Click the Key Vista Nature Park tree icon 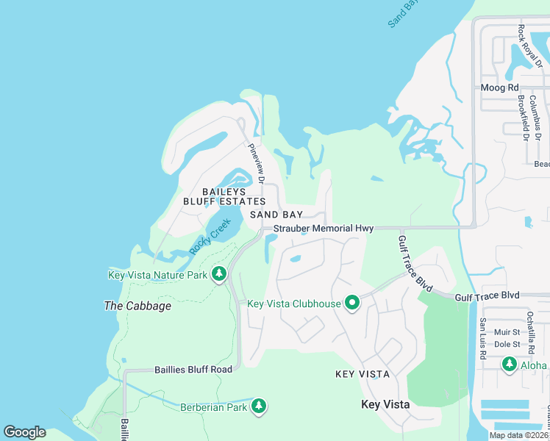point(218,274)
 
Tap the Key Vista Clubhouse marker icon point(352,303)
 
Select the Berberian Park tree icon point(258,406)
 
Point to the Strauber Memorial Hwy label point(324,229)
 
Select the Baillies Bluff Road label point(193,370)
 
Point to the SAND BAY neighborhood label point(276,215)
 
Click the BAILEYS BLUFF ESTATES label point(224,196)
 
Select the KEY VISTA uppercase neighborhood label point(362,374)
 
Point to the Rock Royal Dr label point(524,45)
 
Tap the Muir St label point(507,332)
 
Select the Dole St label point(507,344)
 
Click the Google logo point(24,432)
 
